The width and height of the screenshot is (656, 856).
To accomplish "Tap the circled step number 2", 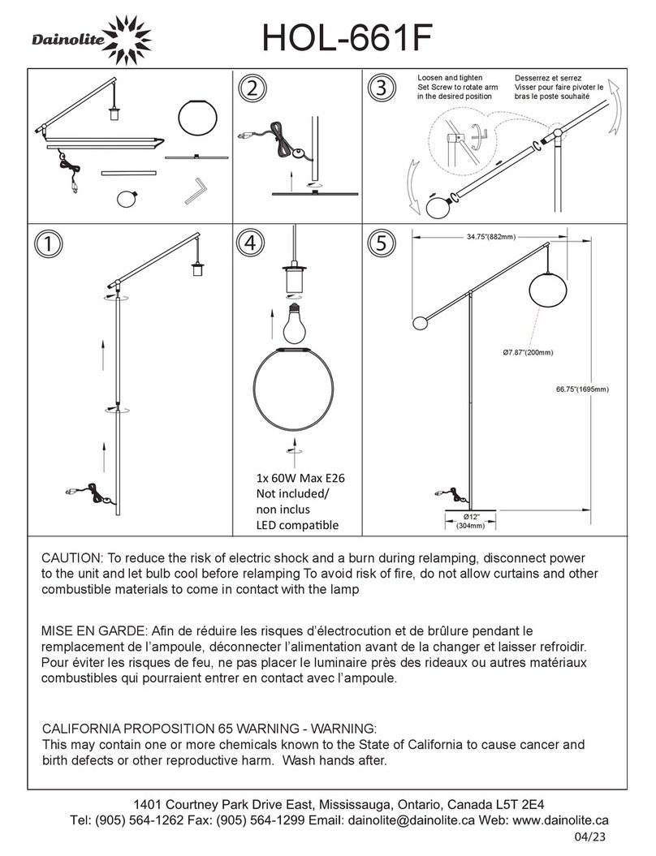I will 252,88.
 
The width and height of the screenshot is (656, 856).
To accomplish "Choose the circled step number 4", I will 252,243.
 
